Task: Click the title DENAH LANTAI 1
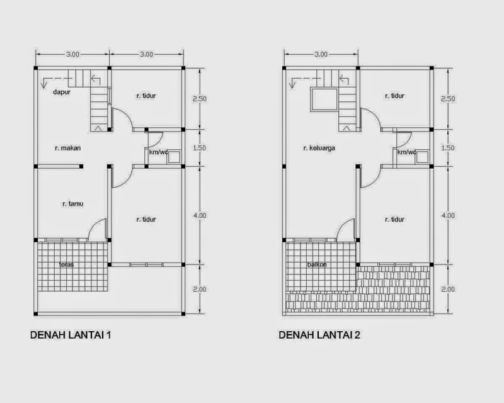71,335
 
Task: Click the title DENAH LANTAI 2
319,335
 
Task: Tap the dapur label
61,92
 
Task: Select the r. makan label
68,149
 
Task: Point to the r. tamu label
73,204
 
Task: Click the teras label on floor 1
66,264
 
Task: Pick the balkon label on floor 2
317,264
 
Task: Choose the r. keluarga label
319,149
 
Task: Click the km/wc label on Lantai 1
158,152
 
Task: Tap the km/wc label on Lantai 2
406,152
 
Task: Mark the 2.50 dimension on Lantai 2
448,99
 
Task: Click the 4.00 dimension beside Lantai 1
200,215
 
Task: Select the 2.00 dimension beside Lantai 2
448,289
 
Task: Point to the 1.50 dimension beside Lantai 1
200,149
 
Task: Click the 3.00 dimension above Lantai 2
320,55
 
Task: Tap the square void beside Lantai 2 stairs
323,99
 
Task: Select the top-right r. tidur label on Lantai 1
146,96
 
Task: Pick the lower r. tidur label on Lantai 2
394,219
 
